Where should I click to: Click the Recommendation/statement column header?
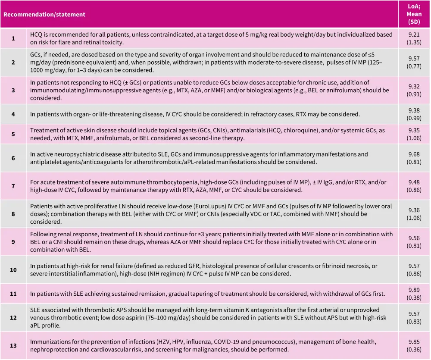[x=44, y=15]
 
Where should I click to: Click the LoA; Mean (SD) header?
[x=414, y=14]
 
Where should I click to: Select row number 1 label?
[x=13, y=38]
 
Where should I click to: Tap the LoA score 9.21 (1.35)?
[x=414, y=38]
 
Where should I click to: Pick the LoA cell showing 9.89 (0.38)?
[x=414, y=294]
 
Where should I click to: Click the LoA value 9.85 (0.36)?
[x=414, y=345]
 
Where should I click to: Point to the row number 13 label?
[x=13, y=345]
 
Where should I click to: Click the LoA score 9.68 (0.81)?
[x=414, y=158]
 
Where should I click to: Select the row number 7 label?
[x=13, y=186]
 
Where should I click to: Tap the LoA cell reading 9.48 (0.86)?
[x=414, y=186]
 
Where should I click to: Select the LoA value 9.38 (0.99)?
[x=414, y=114]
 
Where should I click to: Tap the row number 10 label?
[x=13, y=270]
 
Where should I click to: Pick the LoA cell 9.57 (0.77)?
[x=414, y=63]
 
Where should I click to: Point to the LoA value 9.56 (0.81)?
[x=414, y=242]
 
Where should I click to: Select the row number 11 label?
[x=13, y=294]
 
